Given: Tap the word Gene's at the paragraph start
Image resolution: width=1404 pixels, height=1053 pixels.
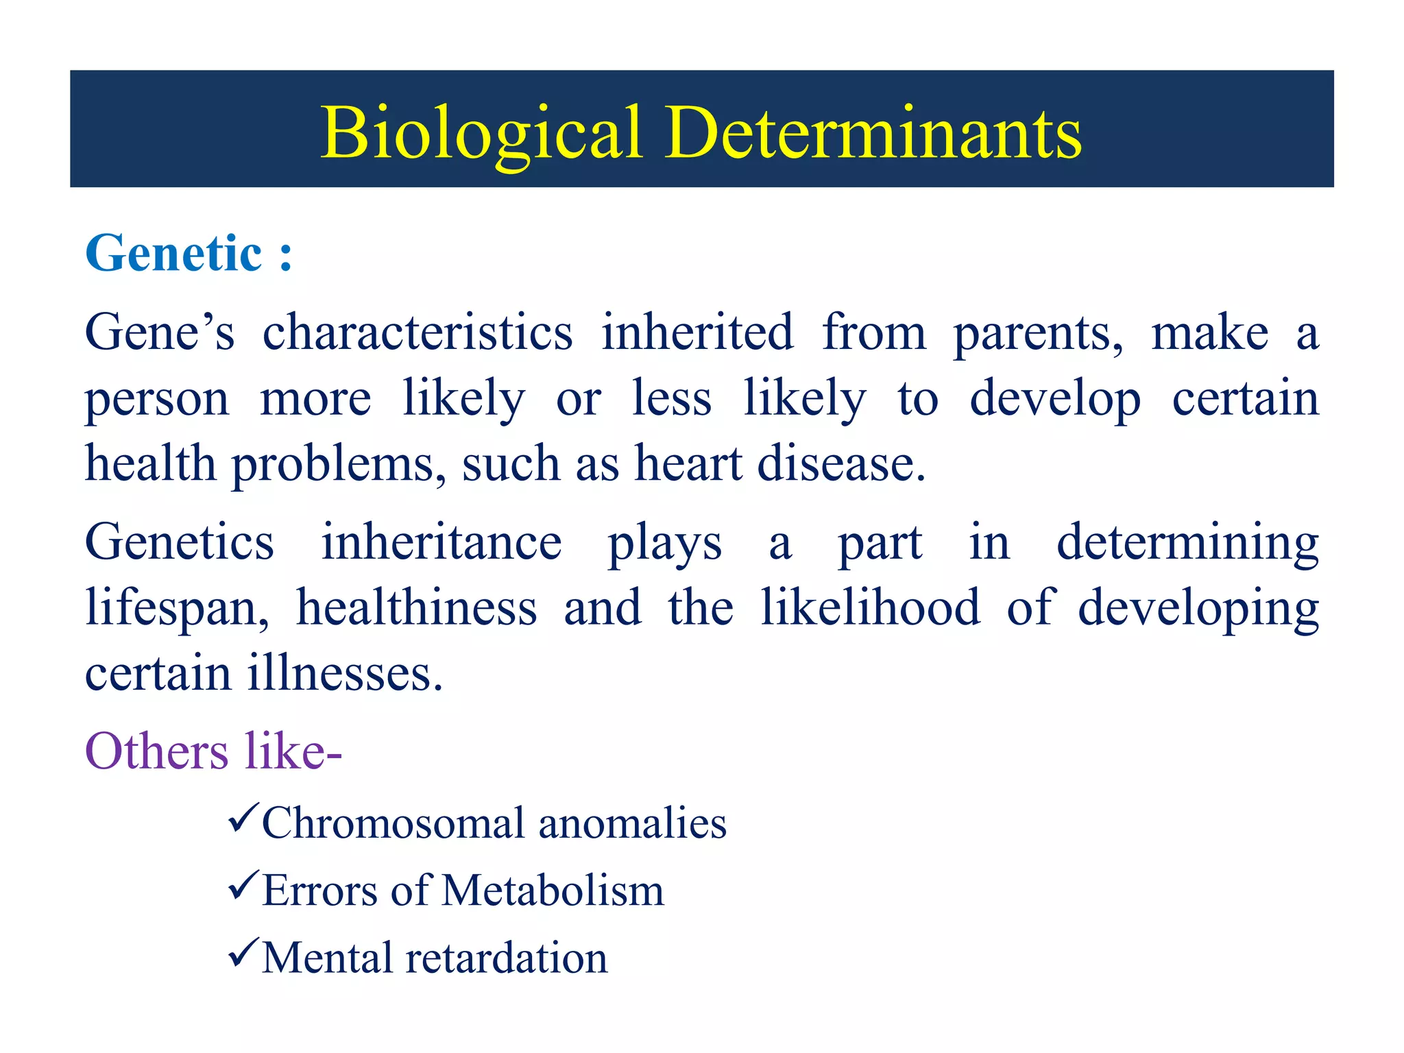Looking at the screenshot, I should [x=159, y=332].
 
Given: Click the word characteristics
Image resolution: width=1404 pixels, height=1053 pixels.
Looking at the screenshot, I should [x=417, y=332].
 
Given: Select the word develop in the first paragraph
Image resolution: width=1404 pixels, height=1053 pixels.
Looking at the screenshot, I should [x=1055, y=399].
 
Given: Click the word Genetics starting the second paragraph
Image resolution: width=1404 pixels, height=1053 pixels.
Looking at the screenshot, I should [x=179, y=542].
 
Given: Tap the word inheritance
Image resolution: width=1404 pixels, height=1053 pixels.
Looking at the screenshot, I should [x=441, y=542].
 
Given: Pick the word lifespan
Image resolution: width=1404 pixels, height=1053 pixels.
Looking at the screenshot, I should [x=177, y=608].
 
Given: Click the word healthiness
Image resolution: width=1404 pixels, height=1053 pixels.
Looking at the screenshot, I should [x=416, y=608].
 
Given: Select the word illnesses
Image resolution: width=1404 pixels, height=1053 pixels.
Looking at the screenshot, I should [x=345, y=673].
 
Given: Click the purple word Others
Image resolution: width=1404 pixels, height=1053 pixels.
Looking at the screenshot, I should [x=156, y=751].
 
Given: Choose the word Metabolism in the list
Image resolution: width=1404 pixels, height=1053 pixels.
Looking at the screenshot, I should [x=553, y=891].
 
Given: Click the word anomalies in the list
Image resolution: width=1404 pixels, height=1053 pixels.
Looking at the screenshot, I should [x=632, y=823].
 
